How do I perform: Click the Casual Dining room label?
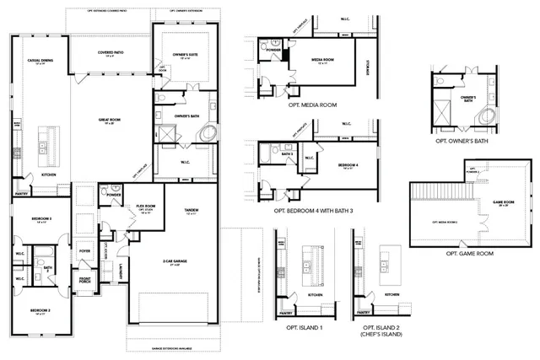[x=41, y=61]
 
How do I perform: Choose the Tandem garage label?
[x=191, y=210]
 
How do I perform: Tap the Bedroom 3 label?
[x=43, y=219]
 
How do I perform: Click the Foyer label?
[x=84, y=250]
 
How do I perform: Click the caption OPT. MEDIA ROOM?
[x=313, y=105]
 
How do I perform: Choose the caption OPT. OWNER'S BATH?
[x=462, y=142]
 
